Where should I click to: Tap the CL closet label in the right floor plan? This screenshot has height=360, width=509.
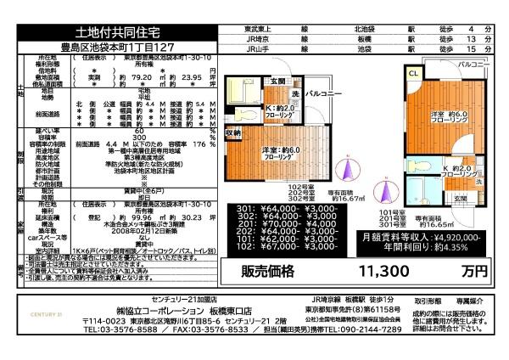coord(414,76)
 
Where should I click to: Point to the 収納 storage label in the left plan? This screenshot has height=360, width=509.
coord(233,133)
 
